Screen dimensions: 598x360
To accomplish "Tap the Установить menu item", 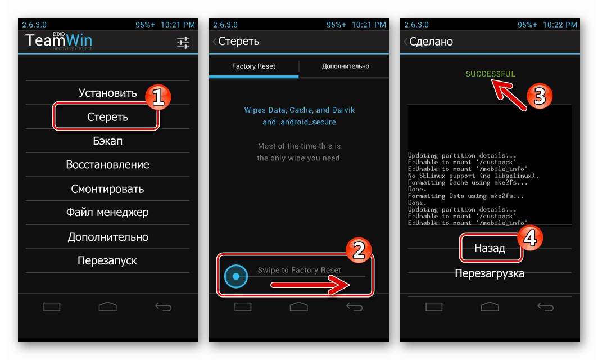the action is click(107, 93).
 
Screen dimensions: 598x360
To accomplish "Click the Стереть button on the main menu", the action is click(107, 117).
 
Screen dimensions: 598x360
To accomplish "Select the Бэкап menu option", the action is click(107, 141).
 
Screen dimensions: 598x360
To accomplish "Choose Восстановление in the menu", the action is click(107, 165).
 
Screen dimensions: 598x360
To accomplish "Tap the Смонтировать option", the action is click(107, 188).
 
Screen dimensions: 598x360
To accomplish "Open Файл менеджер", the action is click(107, 212).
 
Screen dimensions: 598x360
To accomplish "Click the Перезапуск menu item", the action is click(107, 260).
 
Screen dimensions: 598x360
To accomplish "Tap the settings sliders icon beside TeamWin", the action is click(183, 42).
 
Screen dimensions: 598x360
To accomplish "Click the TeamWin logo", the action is click(58, 41).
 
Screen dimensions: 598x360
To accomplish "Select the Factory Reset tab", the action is click(253, 66).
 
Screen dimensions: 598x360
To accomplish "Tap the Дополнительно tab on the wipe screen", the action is click(346, 66).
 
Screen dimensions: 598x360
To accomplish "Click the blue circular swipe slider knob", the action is click(236, 276).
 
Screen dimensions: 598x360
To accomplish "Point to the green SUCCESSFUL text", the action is click(491, 74).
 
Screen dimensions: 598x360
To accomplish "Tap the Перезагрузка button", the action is click(490, 273).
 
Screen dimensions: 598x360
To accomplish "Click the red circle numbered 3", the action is click(540, 96).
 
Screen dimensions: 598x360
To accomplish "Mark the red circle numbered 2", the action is click(359, 250).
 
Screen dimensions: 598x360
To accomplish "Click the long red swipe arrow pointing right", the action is click(310, 285).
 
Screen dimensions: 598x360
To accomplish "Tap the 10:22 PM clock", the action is click(559, 25).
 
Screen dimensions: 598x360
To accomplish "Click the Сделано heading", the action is click(431, 41).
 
